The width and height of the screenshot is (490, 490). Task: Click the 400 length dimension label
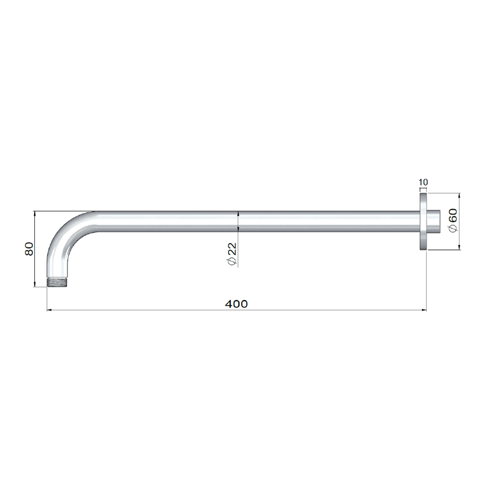pyautogui.click(x=236, y=304)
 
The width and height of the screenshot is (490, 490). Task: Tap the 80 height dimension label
pyautogui.click(x=29, y=249)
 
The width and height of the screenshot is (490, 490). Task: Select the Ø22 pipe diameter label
pyautogui.click(x=232, y=254)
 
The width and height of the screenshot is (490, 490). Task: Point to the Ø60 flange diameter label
pyautogui.click(x=453, y=220)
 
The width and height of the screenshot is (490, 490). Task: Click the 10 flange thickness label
pyautogui.click(x=423, y=182)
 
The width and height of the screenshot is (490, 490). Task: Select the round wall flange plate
pyautogui.click(x=423, y=221)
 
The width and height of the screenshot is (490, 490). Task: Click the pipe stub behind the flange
pyautogui.click(x=434, y=221)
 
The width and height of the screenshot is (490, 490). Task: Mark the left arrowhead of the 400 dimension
pyautogui.click(x=49, y=310)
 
